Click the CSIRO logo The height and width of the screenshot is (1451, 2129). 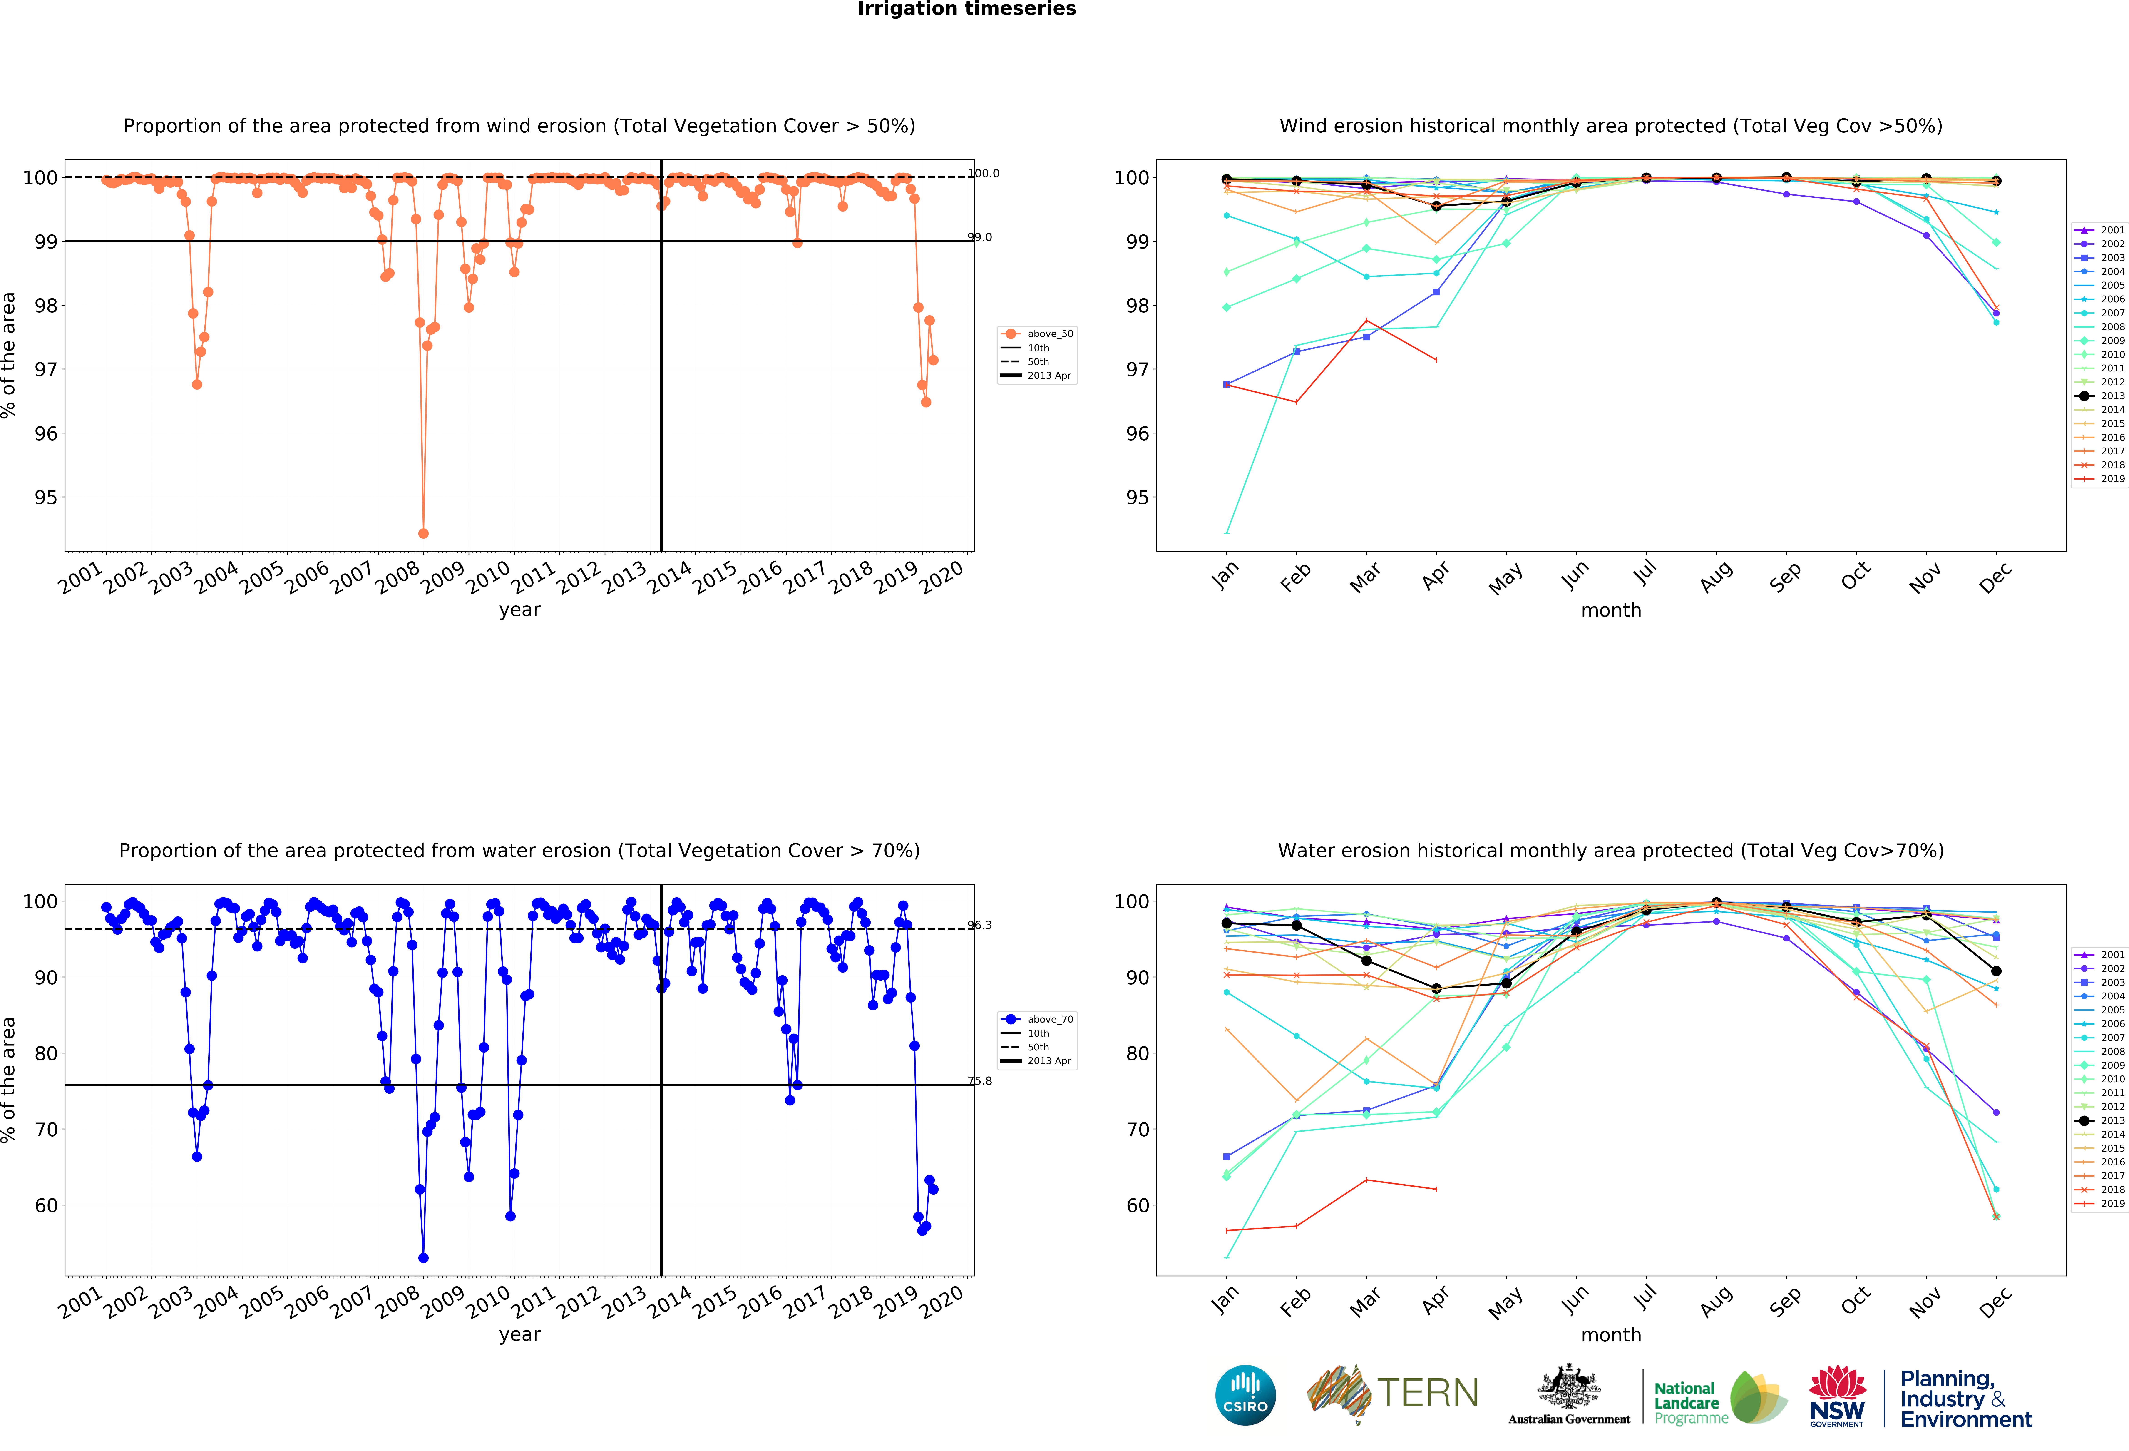coord(1245,1395)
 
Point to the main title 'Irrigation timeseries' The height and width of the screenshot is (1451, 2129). coord(966,9)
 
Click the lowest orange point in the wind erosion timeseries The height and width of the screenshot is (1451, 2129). coord(423,533)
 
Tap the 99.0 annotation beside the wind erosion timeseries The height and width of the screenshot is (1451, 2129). coord(980,237)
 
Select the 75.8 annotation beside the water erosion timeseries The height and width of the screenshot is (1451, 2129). coord(980,1081)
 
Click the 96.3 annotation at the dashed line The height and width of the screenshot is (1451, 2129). coord(980,925)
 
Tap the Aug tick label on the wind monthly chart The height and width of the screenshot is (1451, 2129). coord(1715,577)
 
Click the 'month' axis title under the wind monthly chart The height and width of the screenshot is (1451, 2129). coord(1610,610)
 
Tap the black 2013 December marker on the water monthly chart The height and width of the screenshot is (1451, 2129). coord(1996,971)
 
